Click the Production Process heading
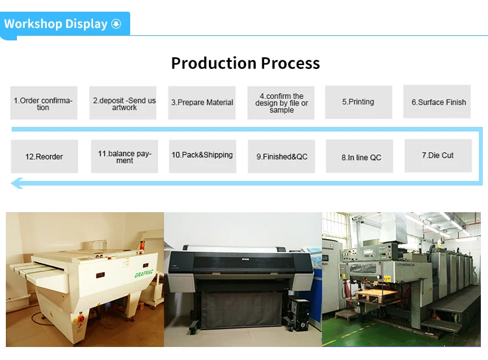tap(245, 63)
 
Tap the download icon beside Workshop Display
tap(116, 24)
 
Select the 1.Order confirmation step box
tap(44, 103)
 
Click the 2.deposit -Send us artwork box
tap(124, 103)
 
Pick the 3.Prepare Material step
tap(202, 103)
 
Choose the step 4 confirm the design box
tap(281, 103)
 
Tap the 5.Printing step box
tap(359, 102)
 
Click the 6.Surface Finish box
tap(439, 102)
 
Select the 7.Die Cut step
tap(438, 156)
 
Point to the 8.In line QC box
tap(361, 157)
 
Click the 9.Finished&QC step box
tap(282, 157)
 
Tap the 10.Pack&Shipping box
tap(202, 156)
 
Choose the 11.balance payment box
tap(124, 157)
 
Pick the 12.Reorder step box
tap(44, 157)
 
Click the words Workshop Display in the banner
tap(55, 24)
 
